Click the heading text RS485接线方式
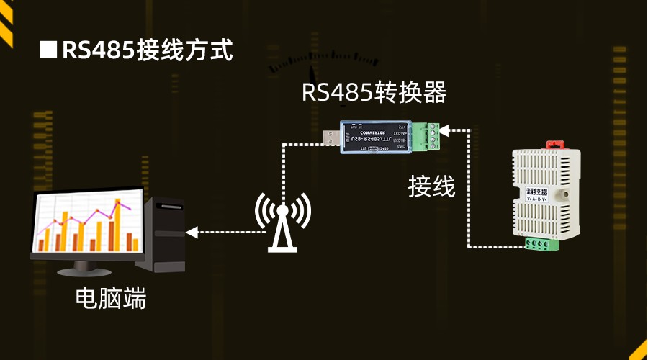click(148, 50)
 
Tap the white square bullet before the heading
click(48, 50)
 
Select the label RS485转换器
click(374, 92)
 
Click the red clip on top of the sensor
click(556, 144)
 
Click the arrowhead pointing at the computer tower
click(191, 232)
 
